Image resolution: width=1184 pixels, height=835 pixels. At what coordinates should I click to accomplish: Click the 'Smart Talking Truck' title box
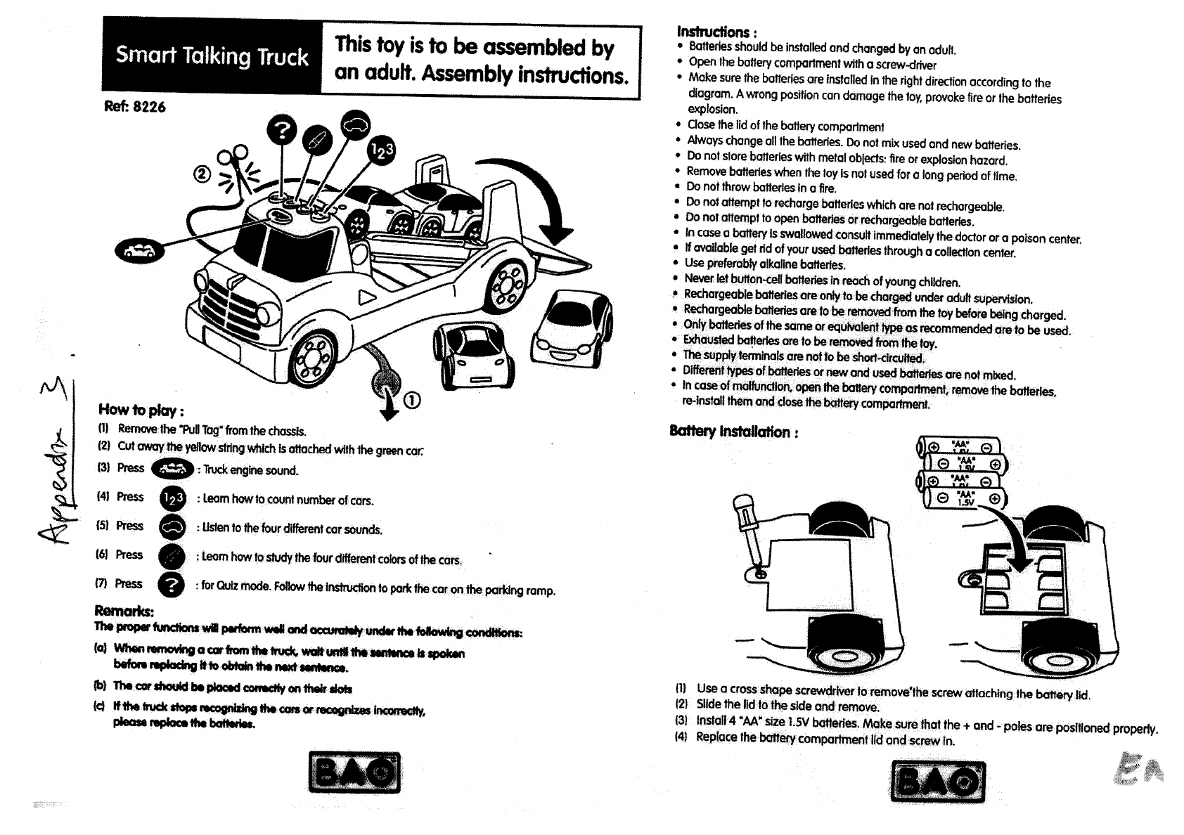[x=212, y=56]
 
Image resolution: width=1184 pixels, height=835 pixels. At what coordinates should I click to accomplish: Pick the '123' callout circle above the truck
[x=380, y=150]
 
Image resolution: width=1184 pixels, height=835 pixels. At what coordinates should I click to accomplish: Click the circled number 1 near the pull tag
[x=412, y=399]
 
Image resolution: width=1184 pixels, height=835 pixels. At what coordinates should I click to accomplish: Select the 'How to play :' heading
[x=141, y=410]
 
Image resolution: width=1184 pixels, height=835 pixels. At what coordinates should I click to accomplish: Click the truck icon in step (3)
[x=172, y=468]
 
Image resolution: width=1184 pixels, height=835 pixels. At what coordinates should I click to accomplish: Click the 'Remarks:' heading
[x=124, y=610]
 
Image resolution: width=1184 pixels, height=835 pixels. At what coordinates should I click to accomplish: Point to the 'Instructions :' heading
[x=716, y=32]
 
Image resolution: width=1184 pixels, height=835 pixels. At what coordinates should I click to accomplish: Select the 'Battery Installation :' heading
[x=734, y=432]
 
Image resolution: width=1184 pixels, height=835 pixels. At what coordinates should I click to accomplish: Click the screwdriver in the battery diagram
[x=749, y=531]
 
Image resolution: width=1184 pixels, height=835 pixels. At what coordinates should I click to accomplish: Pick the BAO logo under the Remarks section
[x=354, y=772]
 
